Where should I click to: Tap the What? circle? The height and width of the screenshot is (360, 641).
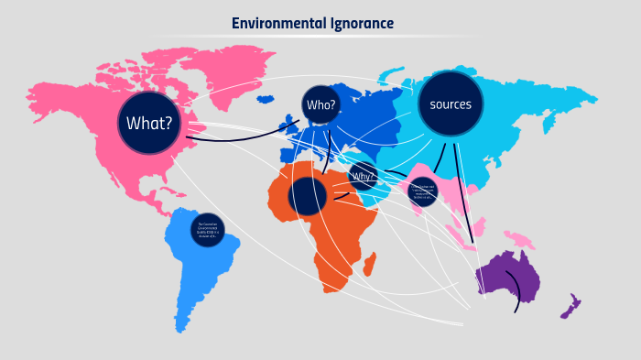click(149, 123)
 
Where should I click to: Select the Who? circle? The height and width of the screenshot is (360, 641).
click(321, 104)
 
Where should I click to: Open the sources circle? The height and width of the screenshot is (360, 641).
click(451, 104)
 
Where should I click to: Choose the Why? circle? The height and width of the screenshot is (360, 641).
click(364, 176)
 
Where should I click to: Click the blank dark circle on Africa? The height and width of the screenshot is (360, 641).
click(308, 196)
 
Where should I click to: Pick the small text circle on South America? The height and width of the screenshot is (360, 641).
click(208, 230)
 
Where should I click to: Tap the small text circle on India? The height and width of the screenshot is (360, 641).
click(423, 191)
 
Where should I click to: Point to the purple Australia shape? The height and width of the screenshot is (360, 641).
click(505, 275)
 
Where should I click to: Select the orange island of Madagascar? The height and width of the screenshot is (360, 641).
click(370, 265)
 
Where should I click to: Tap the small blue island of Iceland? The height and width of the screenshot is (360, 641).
click(266, 98)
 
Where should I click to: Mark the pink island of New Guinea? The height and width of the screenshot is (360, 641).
click(520, 240)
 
